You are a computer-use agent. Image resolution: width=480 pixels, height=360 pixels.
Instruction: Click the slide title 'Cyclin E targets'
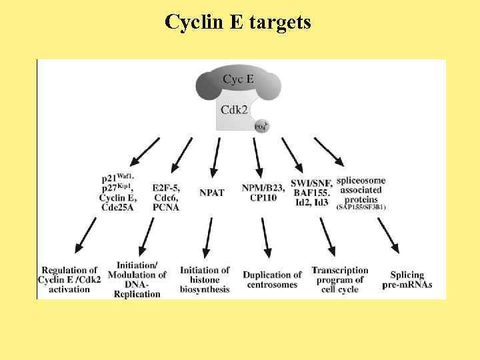[x=238, y=22]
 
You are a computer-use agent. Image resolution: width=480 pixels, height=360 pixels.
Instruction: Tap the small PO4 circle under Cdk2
[x=261, y=126]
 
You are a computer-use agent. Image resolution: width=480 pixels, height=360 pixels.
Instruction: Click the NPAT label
[x=212, y=193]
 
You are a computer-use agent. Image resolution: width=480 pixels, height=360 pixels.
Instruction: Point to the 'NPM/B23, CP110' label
[x=257, y=193]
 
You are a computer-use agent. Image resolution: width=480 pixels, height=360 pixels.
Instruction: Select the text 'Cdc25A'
[x=117, y=207]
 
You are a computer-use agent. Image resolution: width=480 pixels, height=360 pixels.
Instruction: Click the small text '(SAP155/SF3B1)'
[x=361, y=207]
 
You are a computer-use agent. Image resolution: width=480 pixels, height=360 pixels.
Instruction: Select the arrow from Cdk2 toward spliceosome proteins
[x=329, y=151]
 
